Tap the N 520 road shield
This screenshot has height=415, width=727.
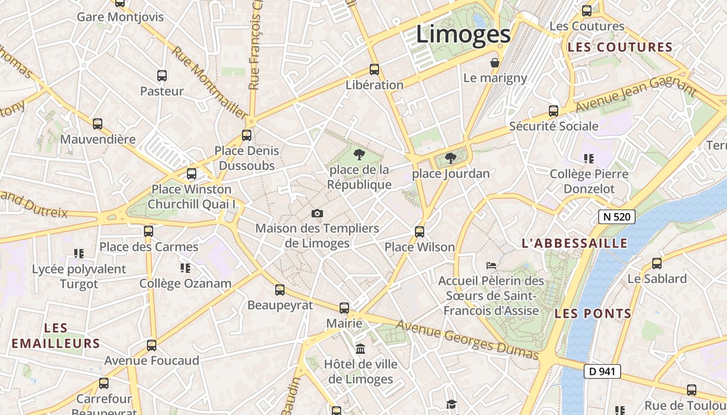click(616, 216)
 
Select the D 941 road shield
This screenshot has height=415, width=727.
click(602, 371)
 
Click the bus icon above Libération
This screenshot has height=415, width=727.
click(374, 69)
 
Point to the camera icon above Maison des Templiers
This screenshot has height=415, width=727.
click(317, 213)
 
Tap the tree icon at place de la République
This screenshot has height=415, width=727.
click(359, 154)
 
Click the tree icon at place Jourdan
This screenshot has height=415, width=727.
click(450, 158)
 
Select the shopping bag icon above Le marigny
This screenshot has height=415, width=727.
click(495, 63)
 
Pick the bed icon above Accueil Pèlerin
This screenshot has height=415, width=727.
click(491, 266)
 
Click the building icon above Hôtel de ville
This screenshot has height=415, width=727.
click(360, 349)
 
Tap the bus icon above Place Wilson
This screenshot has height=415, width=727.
click(420, 232)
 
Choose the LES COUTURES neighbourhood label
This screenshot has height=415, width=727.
click(620, 47)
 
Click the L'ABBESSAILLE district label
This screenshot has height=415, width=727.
click(574, 243)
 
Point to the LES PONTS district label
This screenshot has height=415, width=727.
click(593, 313)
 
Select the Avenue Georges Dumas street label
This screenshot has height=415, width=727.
click(467, 340)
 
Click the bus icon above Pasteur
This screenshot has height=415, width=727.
click(162, 76)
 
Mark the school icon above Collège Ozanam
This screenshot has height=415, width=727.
click(185, 268)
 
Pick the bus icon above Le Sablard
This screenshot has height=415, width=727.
click(657, 263)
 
